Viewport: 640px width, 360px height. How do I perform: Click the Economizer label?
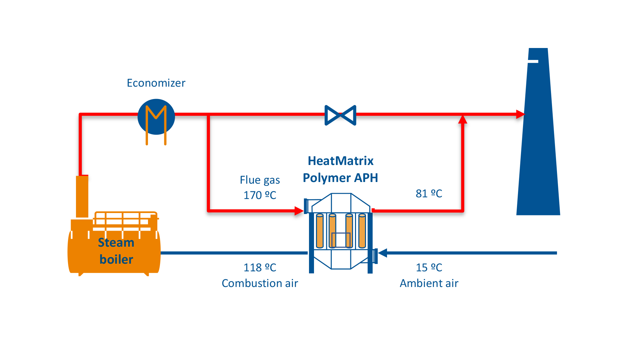coord(156,83)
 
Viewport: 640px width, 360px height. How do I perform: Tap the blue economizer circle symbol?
coord(156,117)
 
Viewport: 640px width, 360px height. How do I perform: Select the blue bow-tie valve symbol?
coord(340,115)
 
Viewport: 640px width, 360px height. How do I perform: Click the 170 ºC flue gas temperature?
coord(260,195)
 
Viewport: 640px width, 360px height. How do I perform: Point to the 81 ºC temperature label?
coord(429,194)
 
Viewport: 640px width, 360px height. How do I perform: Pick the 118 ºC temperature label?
coord(260,268)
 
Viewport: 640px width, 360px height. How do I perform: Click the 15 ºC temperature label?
coord(429,268)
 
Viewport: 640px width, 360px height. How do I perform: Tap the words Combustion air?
coord(260,283)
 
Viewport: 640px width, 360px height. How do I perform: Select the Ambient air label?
coord(429,283)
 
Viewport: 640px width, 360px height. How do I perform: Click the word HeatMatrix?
coord(340,161)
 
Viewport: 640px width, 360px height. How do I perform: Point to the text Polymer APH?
coord(340,178)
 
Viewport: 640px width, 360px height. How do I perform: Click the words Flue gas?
coord(260,180)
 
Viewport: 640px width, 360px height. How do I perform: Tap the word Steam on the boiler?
coord(116,243)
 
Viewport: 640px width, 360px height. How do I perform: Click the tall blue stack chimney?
coord(538,150)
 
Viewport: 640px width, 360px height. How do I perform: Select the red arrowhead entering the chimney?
coord(520,114)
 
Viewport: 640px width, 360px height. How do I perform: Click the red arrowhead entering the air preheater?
coord(299,211)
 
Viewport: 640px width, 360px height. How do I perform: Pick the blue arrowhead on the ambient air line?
coord(383,253)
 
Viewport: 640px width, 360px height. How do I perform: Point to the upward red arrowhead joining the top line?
coord(462,119)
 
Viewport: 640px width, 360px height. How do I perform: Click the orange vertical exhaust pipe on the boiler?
coord(82,197)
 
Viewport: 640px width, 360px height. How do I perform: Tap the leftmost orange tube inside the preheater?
coord(320,231)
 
